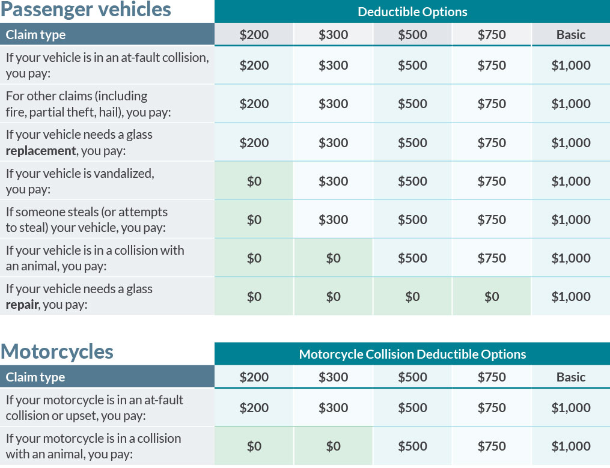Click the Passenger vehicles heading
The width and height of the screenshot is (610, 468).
(86, 10)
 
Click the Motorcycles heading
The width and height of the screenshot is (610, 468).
(57, 351)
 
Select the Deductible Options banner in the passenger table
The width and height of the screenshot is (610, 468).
(412, 11)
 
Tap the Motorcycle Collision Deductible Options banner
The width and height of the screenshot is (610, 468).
(412, 354)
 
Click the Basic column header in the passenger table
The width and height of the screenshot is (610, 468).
(570, 35)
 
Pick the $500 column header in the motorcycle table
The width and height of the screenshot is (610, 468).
(412, 377)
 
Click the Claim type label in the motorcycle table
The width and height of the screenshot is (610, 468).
(35, 377)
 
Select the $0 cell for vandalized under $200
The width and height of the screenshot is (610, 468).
(254, 181)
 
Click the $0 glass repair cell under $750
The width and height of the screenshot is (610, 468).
(492, 296)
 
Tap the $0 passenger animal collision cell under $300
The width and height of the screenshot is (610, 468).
(333, 258)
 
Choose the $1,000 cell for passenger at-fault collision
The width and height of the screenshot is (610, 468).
(570, 65)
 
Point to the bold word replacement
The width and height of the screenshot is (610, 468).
(41, 150)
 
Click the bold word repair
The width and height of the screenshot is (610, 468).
(21, 304)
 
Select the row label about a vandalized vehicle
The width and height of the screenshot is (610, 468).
(80, 181)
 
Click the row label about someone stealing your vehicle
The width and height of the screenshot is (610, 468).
(87, 219)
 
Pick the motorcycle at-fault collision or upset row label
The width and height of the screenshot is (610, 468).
(94, 407)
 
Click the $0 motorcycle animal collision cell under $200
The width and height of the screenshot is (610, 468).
(254, 446)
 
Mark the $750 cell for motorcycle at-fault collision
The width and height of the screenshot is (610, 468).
(492, 407)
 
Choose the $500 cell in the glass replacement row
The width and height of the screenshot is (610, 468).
(412, 142)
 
